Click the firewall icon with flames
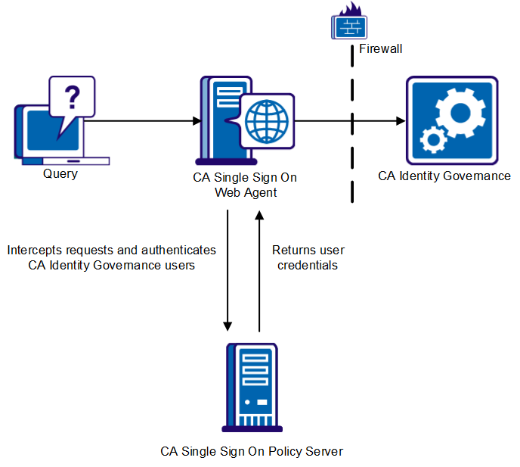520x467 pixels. pyautogui.click(x=349, y=23)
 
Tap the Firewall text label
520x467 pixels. pyautogui.click(x=380, y=48)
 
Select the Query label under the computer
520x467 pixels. pyautogui.click(x=60, y=173)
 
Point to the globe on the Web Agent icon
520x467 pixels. pyautogui.click(x=267, y=120)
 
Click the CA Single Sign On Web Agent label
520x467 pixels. pyautogui.click(x=246, y=185)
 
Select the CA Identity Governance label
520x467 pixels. pyautogui.click(x=444, y=176)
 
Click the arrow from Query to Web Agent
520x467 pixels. pyautogui.click(x=144, y=120)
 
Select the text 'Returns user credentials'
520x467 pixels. pyautogui.click(x=308, y=257)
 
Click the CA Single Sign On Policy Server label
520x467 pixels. pyautogui.click(x=252, y=451)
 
